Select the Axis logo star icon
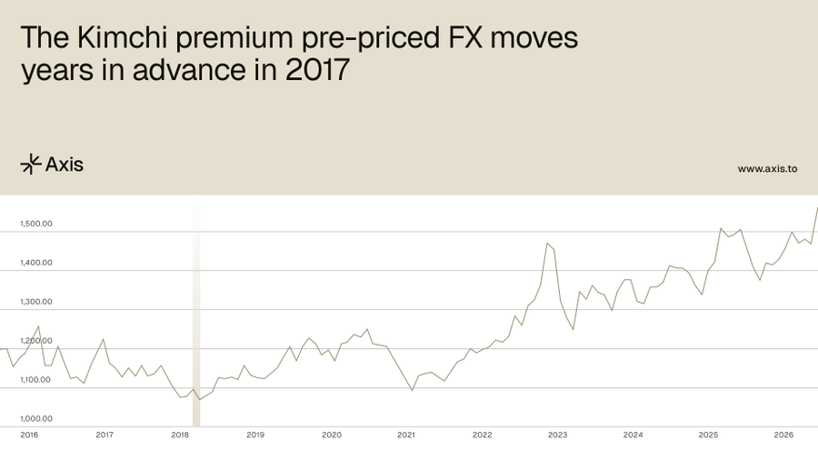31,164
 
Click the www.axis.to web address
767,168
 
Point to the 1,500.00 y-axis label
35,224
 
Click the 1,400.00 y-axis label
35,263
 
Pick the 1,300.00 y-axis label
35,302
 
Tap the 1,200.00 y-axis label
35,341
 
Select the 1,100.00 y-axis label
35,380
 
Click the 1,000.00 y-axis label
35,419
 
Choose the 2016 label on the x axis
29,435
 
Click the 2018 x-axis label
180,435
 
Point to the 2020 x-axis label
331,435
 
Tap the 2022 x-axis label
482,435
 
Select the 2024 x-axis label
633,435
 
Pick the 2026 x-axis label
783,435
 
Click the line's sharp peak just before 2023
546,243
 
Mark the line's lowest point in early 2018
198,400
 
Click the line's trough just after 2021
413,391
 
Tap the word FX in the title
455,39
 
